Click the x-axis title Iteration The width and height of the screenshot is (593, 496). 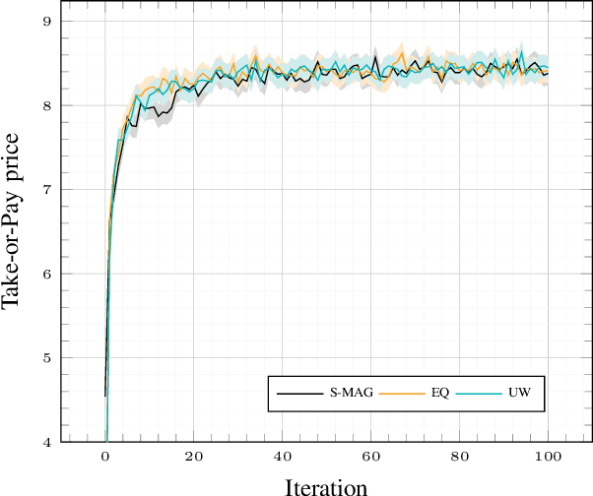(x=326, y=485)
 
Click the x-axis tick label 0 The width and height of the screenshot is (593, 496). (x=105, y=457)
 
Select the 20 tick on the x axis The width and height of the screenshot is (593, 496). (x=194, y=457)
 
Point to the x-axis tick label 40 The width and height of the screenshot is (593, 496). (x=283, y=457)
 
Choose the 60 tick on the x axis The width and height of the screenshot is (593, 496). (x=371, y=457)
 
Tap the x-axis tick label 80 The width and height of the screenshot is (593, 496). (x=460, y=457)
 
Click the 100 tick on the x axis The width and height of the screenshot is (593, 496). (x=549, y=457)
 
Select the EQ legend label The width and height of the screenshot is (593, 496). (x=440, y=394)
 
